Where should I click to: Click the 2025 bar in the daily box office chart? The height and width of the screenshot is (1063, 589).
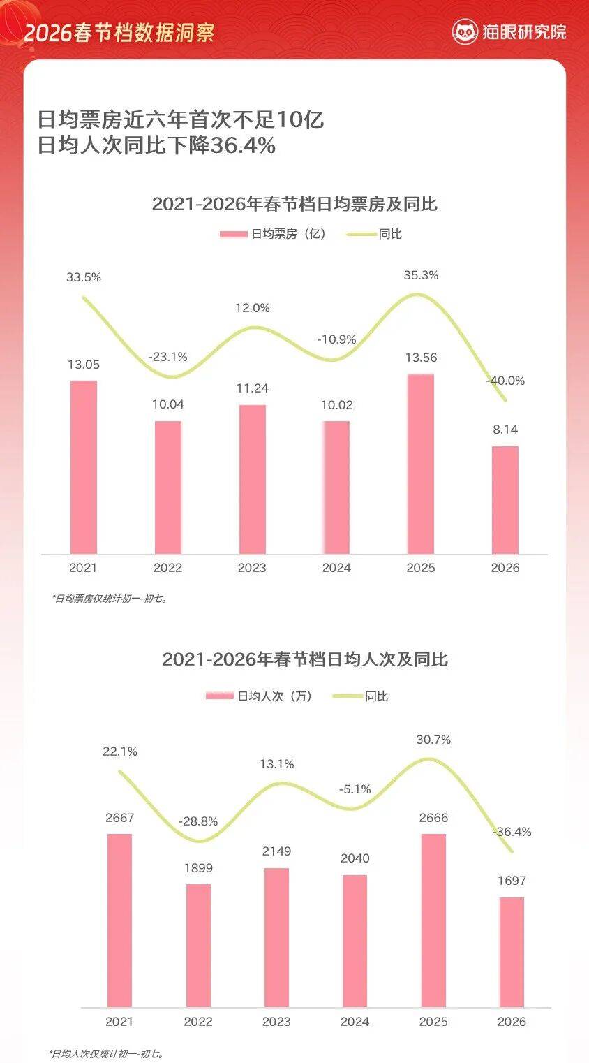[420, 464]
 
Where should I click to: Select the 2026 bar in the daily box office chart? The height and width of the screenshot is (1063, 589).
[505, 500]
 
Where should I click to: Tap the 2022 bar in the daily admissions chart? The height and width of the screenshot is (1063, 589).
[198, 946]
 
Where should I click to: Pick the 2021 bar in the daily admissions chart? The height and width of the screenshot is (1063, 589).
[119, 921]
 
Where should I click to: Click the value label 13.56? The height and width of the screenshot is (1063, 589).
[421, 358]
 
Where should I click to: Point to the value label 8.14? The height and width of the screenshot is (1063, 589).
[505, 430]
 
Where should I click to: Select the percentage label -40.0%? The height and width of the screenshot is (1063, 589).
[505, 381]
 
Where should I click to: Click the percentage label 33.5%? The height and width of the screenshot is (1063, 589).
[84, 277]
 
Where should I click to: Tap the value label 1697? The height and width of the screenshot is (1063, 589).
[512, 881]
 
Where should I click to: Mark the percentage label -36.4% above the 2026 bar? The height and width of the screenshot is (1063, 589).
[512, 832]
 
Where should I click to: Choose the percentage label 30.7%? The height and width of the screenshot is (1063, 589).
[433, 740]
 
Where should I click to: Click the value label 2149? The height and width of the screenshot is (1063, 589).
[276, 851]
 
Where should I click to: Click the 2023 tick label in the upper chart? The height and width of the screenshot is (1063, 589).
[252, 568]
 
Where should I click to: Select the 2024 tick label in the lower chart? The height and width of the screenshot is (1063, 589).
[355, 1022]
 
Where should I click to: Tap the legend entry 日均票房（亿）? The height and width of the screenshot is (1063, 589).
[273, 234]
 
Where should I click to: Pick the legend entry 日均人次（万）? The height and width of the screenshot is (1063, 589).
[259, 696]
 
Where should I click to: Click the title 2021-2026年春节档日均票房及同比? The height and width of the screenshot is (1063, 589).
[294, 204]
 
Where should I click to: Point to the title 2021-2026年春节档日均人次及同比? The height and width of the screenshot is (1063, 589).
[304, 659]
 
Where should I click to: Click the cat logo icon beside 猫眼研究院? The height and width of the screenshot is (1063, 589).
[465, 31]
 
